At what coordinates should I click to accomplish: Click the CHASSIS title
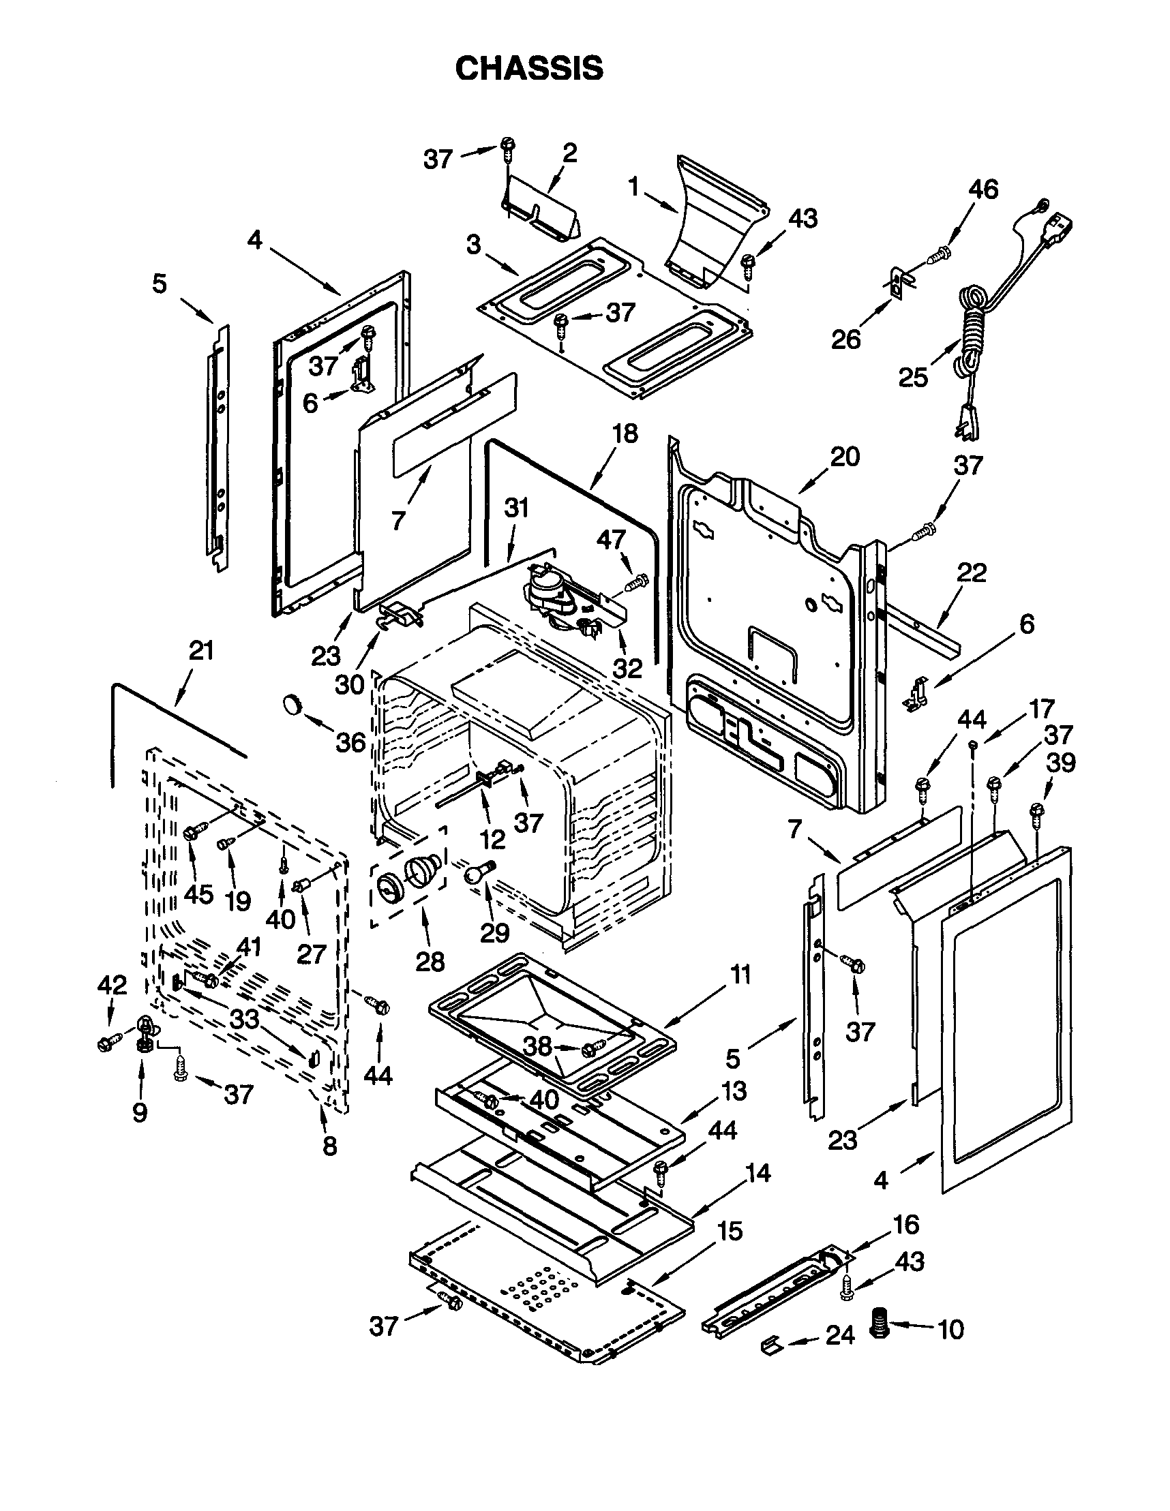tap(529, 68)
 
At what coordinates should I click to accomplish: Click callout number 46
tap(983, 189)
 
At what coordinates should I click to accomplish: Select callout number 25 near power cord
tap(913, 377)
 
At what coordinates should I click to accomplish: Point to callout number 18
tap(625, 433)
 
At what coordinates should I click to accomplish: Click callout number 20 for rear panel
tap(845, 457)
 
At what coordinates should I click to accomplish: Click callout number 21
tap(200, 651)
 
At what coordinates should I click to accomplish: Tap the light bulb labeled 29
tap(478, 873)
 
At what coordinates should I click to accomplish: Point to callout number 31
tap(515, 508)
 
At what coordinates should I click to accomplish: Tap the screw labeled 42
tap(106, 1042)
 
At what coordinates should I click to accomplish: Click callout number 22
tap(972, 573)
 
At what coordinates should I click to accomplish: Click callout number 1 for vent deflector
tap(632, 186)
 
